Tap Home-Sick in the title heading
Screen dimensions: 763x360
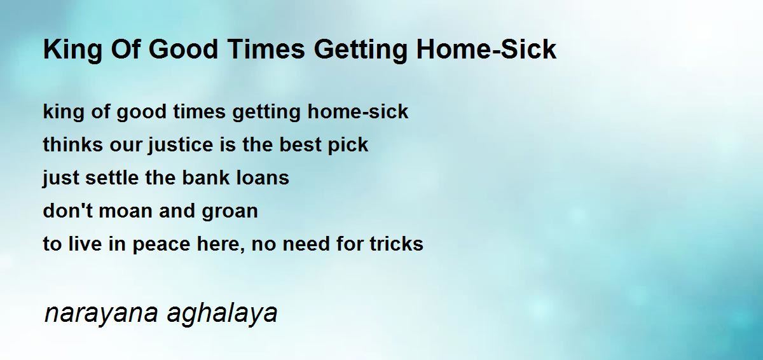coord(486,50)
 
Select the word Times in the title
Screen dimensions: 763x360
coord(266,50)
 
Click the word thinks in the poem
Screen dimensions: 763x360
coord(73,144)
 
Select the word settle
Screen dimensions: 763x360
coord(112,177)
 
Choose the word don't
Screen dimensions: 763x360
coord(67,211)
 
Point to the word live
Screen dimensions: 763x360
coord(85,244)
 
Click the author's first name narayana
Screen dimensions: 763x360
coord(101,314)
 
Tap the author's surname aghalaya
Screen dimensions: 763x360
coord(223,314)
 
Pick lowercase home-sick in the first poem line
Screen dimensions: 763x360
coord(357,111)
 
